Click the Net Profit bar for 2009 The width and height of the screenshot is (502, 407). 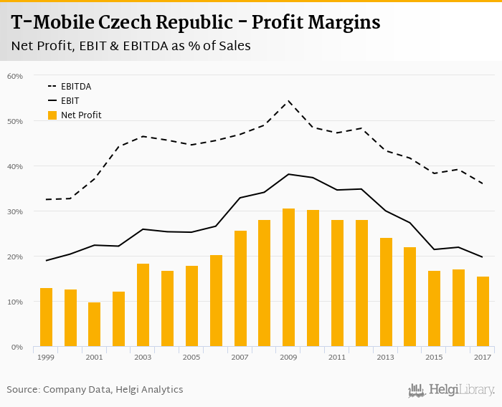tap(288, 278)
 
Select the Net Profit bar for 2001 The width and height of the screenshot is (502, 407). tap(95, 325)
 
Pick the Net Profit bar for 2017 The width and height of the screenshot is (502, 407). tap(483, 312)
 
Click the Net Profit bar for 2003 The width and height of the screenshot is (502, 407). tap(143, 305)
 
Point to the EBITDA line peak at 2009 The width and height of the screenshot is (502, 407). tap(288, 101)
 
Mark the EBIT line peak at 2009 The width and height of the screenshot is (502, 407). tap(288, 174)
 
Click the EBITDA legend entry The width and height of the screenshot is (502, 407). tap(76, 87)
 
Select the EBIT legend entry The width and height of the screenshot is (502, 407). tap(70, 101)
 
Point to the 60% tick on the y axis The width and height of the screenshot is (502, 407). tap(15, 76)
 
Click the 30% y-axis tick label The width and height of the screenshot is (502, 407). tap(15, 211)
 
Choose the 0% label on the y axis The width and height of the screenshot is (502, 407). tap(17, 347)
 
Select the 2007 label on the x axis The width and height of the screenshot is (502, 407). tap(240, 357)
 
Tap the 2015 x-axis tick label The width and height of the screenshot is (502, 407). tap(434, 357)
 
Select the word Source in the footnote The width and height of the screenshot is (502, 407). tap(23, 390)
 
